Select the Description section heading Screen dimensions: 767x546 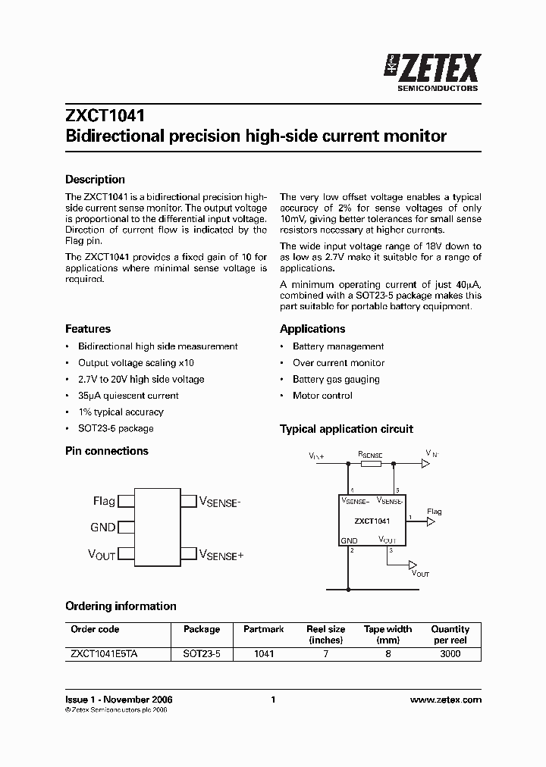click(x=95, y=180)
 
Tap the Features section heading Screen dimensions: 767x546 click(x=88, y=329)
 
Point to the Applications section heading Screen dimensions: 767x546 click(x=312, y=329)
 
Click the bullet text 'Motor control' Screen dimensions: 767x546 click(x=322, y=396)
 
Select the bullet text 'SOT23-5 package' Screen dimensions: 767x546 click(x=115, y=428)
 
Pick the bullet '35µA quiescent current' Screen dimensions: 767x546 click(x=128, y=396)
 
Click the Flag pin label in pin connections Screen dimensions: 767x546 click(x=104, y=501)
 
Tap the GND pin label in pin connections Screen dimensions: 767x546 click(x=102, y=528)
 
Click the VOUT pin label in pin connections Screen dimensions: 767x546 click(x=102, y=555)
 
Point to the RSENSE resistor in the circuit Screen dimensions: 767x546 click(x=371, y=462)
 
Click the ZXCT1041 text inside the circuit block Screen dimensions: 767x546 click(x=372, y=521)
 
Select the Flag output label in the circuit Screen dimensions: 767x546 click(x=434, y=512)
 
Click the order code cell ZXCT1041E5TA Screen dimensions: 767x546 click(x=104, y=653)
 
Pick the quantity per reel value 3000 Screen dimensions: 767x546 click(x=450, y=653)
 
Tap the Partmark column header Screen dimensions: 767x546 click(x=263, y=629)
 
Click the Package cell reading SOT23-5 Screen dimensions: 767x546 click(x=202, y=653)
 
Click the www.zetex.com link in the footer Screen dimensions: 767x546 click(x=445, y=700)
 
